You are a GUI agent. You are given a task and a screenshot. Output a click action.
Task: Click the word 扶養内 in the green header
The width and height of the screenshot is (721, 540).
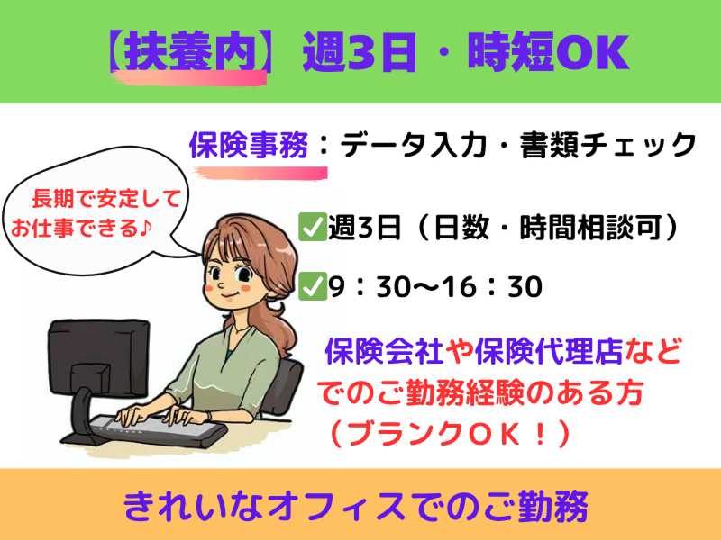pos(190,51)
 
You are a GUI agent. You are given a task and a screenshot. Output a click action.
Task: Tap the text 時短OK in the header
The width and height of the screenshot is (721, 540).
pos(548,51)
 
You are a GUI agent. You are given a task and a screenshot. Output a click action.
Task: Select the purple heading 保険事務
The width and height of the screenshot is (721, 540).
pos(249,145)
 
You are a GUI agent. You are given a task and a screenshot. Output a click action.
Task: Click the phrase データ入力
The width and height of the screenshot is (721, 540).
pos(413,145)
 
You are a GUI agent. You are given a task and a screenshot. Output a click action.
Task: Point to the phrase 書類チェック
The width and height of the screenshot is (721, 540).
pos(607,145)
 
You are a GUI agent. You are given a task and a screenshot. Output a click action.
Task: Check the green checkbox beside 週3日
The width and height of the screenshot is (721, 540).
pos(312,227)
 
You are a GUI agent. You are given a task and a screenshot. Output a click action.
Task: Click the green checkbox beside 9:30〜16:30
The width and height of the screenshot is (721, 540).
pos(312,286)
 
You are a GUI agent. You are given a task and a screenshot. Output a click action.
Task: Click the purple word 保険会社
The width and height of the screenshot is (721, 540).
pos(384,352)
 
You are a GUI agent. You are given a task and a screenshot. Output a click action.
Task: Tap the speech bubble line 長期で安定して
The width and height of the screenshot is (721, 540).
pos(105,199)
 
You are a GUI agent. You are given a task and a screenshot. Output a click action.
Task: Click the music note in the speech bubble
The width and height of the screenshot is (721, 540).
pos(145,228)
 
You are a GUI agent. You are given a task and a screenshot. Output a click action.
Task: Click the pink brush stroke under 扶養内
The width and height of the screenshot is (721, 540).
pos(188,78)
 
